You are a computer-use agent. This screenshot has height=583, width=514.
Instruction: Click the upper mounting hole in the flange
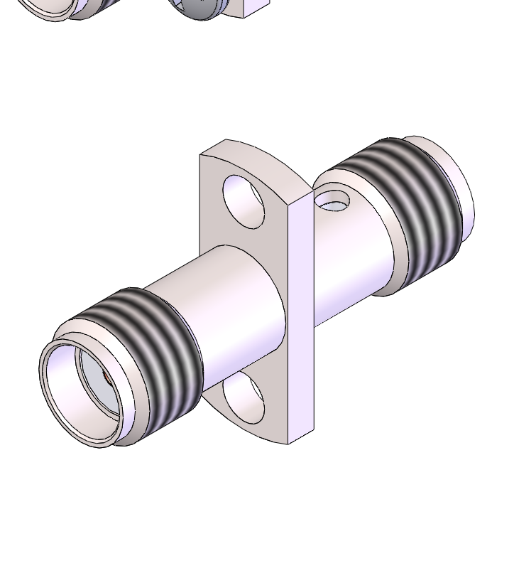[244, 201]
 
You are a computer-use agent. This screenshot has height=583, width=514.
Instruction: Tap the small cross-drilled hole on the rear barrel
[332, 200]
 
